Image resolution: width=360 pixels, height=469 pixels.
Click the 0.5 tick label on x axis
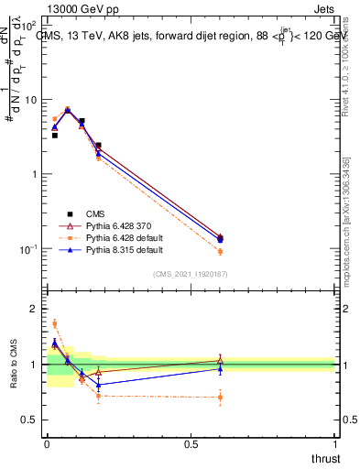191,444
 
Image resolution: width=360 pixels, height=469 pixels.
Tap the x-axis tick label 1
334,444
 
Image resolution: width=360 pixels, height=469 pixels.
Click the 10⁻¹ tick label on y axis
30,249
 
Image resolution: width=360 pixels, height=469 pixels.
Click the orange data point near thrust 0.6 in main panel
220,251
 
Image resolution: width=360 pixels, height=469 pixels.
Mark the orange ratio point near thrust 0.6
220,397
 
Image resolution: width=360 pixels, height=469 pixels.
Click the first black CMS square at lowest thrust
54,135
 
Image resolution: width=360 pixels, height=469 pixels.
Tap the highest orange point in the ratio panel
54,323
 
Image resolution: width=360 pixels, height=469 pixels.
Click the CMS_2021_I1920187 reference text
190,274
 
